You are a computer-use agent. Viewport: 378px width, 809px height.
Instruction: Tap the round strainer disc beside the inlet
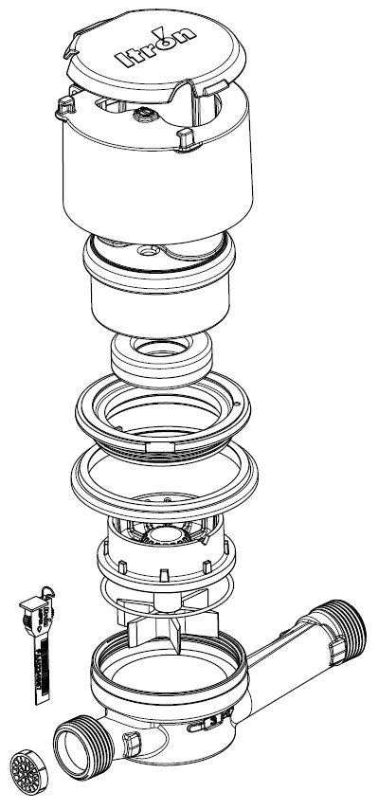[28, 771]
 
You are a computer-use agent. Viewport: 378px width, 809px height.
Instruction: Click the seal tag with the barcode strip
[39, 645]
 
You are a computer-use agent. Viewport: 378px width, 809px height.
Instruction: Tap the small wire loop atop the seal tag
[48, 592]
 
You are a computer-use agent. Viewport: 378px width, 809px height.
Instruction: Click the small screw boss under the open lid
[145, 114]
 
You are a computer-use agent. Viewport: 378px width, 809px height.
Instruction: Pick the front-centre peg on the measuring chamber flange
[164, 575]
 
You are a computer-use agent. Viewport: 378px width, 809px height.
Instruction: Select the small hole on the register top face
[150, 251]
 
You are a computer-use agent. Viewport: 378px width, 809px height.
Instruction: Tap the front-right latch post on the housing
[187, 138]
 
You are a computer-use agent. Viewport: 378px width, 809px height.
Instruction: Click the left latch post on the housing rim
[65, 106]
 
